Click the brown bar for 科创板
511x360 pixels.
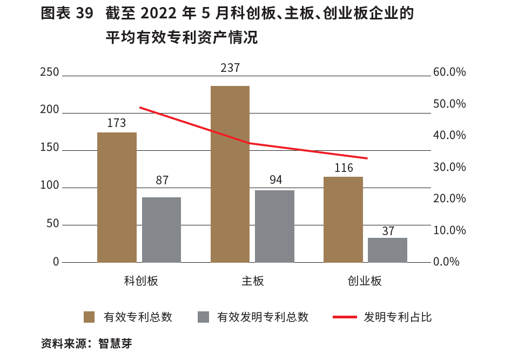[x=117, y=197]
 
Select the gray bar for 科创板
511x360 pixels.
[x=162, y=230]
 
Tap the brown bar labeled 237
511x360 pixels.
[x=230, y=174]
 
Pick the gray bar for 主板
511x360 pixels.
[x=274, y=226]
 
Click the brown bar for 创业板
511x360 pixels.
[x=343, y=219]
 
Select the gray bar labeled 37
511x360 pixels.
[x=387, y=250]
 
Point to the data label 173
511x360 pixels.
[x=116, y=123]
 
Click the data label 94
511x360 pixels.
[x=275, y=180]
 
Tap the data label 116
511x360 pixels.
[x=344, y=168]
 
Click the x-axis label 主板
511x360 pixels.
[x=253, y=281]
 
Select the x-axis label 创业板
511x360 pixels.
[x=365, y=281]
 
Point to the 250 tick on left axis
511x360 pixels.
[x=49, y=72]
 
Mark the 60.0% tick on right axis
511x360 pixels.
[x=449, y=72]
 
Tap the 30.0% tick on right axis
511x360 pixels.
[x=449, y=167]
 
